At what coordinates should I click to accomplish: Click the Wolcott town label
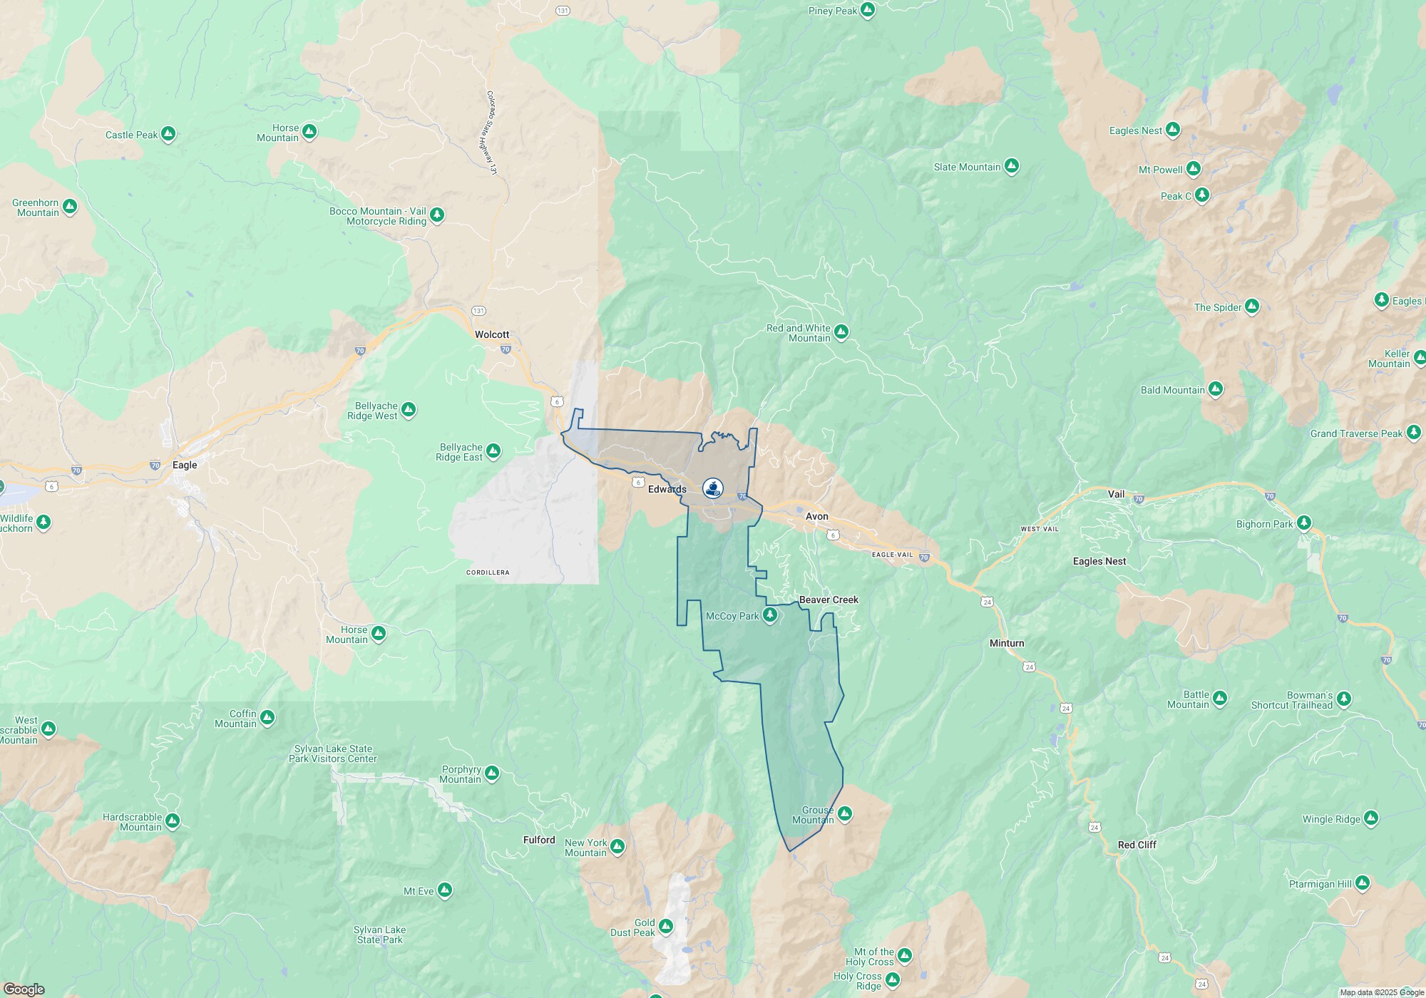coord(492,334)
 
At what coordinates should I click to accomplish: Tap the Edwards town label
coord(667,489)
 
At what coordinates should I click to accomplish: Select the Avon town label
coord(816,516)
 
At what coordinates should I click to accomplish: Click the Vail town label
coord(1116,494)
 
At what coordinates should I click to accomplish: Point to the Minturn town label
coord(1006,643)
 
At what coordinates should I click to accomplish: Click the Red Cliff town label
coord(1137,845)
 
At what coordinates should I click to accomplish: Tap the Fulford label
coord(538,840)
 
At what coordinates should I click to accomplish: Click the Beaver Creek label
coord(829,600)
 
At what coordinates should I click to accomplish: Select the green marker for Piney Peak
coord(868,10)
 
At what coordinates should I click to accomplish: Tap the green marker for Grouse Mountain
coord(844,813)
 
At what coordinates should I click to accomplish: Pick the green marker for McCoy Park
coord(769,614)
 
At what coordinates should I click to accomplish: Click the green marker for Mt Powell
coord(1194,169)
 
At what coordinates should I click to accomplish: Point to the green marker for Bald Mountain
coord(1216,389)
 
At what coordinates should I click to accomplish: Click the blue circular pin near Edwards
coord(712,488)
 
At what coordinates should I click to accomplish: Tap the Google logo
coord(24,989)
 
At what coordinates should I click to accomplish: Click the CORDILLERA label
coord(488,572)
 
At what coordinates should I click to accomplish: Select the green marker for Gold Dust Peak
coord(665,926)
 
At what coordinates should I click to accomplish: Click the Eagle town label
coord(185,465)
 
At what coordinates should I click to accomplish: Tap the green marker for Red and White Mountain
coord(841,331)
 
